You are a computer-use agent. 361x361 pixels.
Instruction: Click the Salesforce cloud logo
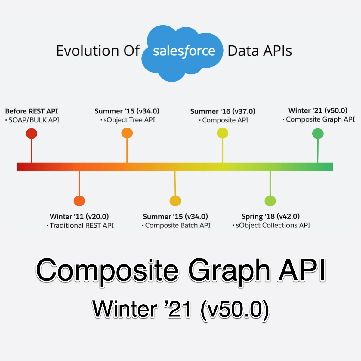coord(182,53)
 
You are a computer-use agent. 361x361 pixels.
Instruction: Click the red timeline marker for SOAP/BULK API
coord(32,134)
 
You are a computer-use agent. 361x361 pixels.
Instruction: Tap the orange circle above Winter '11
coord(79,201)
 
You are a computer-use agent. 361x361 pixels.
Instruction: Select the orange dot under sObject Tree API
coord(127,133)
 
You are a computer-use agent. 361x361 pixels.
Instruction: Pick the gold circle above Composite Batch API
coord(175,201)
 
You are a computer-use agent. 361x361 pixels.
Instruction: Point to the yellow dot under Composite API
coord(223,133)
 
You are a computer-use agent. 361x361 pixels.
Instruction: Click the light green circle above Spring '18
coord(270,201)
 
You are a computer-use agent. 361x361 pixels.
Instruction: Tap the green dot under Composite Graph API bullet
coord(318,134)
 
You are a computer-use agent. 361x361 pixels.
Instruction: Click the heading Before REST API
coord(32,111)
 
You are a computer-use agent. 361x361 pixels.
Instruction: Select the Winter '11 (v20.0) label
coord(79,217)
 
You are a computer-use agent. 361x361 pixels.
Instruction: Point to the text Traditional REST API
coord(82,225)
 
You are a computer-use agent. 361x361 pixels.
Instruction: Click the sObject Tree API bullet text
coord(129,120)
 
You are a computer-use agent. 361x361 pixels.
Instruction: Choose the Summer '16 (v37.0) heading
coord(223,111)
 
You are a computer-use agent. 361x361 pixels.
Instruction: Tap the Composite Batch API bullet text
coord(178,225)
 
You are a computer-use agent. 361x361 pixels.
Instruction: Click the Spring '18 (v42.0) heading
coord(270,216)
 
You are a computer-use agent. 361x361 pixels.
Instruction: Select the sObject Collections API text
coord(273,225)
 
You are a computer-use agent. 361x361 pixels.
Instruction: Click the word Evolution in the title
coord(88,51)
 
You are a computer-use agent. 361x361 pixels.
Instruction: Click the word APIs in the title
coord(278,51)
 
